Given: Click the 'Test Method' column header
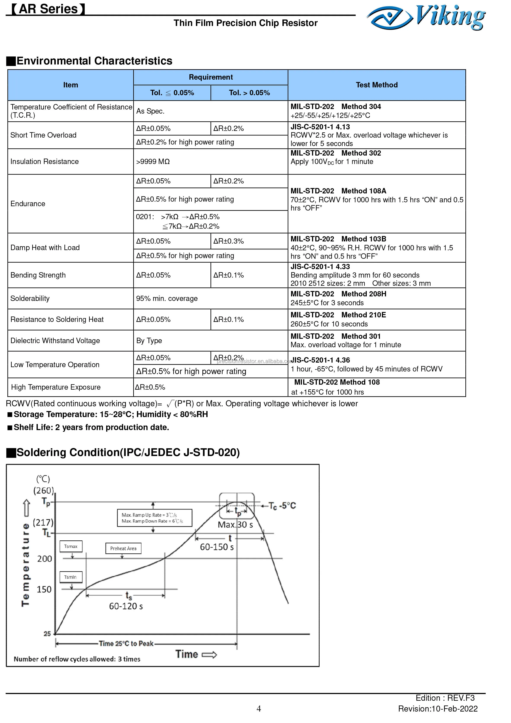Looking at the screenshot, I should click(376, 85).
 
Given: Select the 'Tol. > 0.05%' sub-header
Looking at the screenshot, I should click(249, 93).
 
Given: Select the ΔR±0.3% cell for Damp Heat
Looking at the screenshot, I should click(228, 241).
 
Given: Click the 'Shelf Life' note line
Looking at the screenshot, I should click(91, 427).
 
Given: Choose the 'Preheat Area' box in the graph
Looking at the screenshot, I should click(123, 548).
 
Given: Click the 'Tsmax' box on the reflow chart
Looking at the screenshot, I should click(71, 546).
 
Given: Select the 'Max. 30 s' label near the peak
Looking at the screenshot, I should click(235, 525).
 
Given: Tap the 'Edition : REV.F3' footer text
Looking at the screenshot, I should click(445, 698).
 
